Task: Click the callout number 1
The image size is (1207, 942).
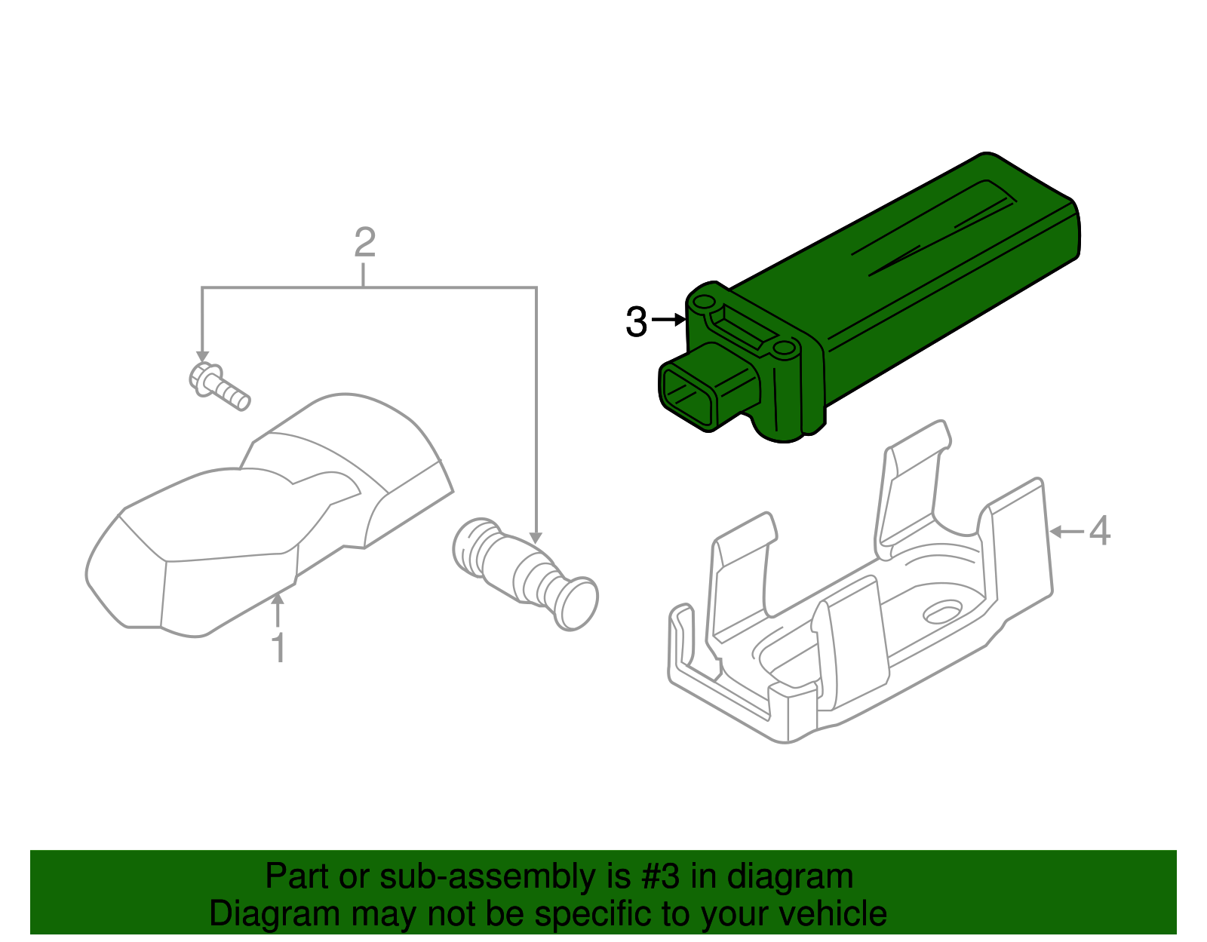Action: [279, 649]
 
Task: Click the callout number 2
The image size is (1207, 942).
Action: [364, 243]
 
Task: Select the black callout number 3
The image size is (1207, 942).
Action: [636, 323]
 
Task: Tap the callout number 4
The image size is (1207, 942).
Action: [1100, 531]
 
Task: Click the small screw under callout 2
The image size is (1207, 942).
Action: [219, 385]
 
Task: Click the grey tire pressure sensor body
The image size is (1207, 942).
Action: [264, 520]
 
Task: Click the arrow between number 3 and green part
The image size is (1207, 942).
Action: [668, 321]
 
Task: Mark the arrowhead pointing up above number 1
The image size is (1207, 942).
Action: [278, 600]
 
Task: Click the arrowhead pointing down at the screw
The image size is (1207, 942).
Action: [202, 355]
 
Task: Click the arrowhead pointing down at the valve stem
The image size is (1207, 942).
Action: [536, 538]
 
